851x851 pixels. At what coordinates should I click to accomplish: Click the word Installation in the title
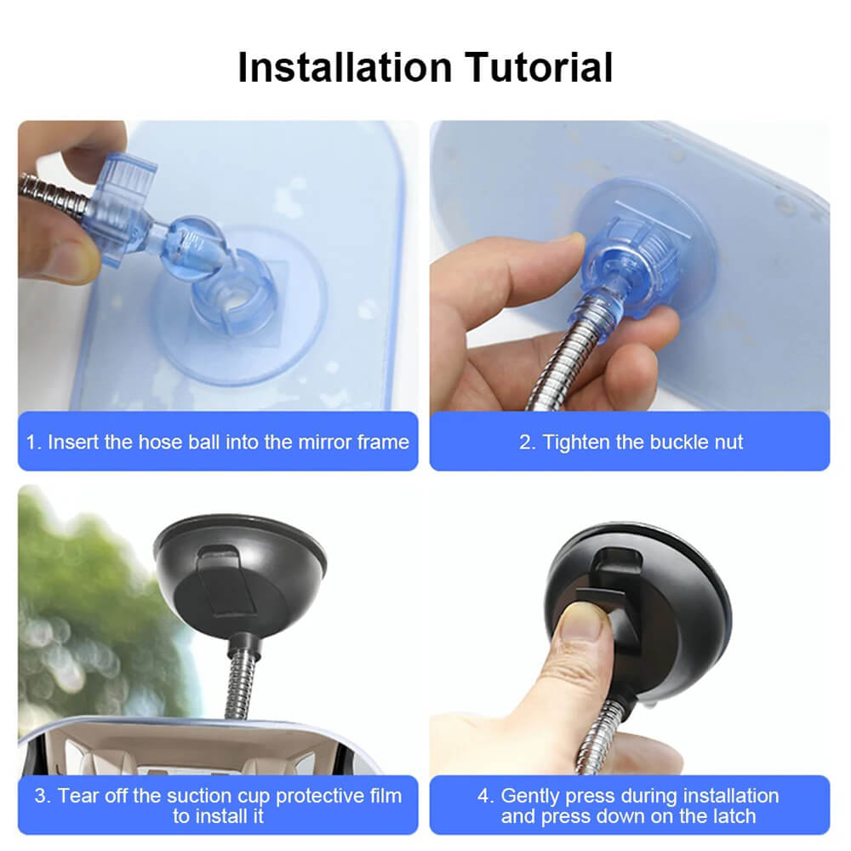[346, 67]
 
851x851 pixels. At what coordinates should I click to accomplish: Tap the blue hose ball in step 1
[193, 248]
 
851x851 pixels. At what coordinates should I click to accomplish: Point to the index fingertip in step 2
[570, 245]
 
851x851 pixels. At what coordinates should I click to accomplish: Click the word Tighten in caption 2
[576, 443]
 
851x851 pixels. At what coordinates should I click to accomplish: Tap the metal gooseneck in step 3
[241, 681]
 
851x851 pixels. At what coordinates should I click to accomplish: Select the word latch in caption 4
[729, 816]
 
